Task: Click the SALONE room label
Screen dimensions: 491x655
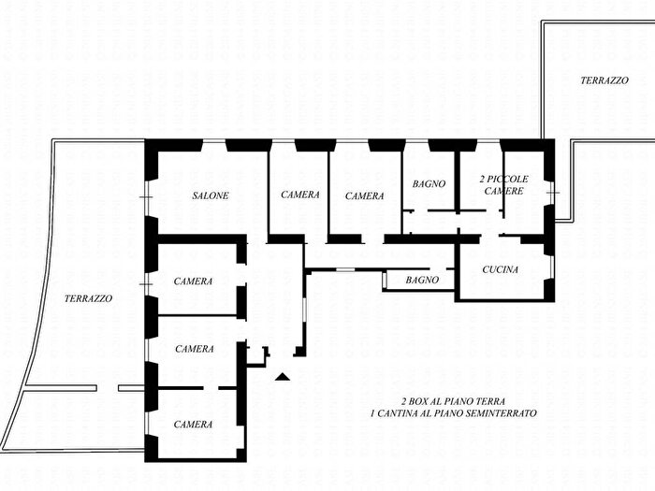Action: click(211, 195)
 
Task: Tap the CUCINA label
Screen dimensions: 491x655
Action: click(500, 270)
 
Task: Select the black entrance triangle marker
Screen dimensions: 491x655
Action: click(283, 377)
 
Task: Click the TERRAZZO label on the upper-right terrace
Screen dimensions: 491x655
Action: click(604, 81)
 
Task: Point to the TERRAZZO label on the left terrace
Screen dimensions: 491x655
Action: click(89, 298)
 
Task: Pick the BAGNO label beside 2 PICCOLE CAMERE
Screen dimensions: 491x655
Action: click(429, 183)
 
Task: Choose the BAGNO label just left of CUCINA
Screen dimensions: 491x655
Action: click(422, 280)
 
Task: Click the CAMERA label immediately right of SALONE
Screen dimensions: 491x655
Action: click(300, 195)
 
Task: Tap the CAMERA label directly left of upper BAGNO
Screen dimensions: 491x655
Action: click(364, 196)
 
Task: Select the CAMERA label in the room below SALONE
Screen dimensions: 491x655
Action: click(193, 282)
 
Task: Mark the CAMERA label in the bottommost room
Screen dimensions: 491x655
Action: click(193, 424)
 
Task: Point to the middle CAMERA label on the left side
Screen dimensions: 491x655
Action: click(194, 349)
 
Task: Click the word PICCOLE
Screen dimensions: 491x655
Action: click(510, 179)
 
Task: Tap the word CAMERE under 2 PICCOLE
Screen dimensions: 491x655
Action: click(503, 191)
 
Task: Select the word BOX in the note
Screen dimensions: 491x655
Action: click(424, 400)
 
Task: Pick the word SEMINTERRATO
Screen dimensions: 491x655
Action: click(503, 412)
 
